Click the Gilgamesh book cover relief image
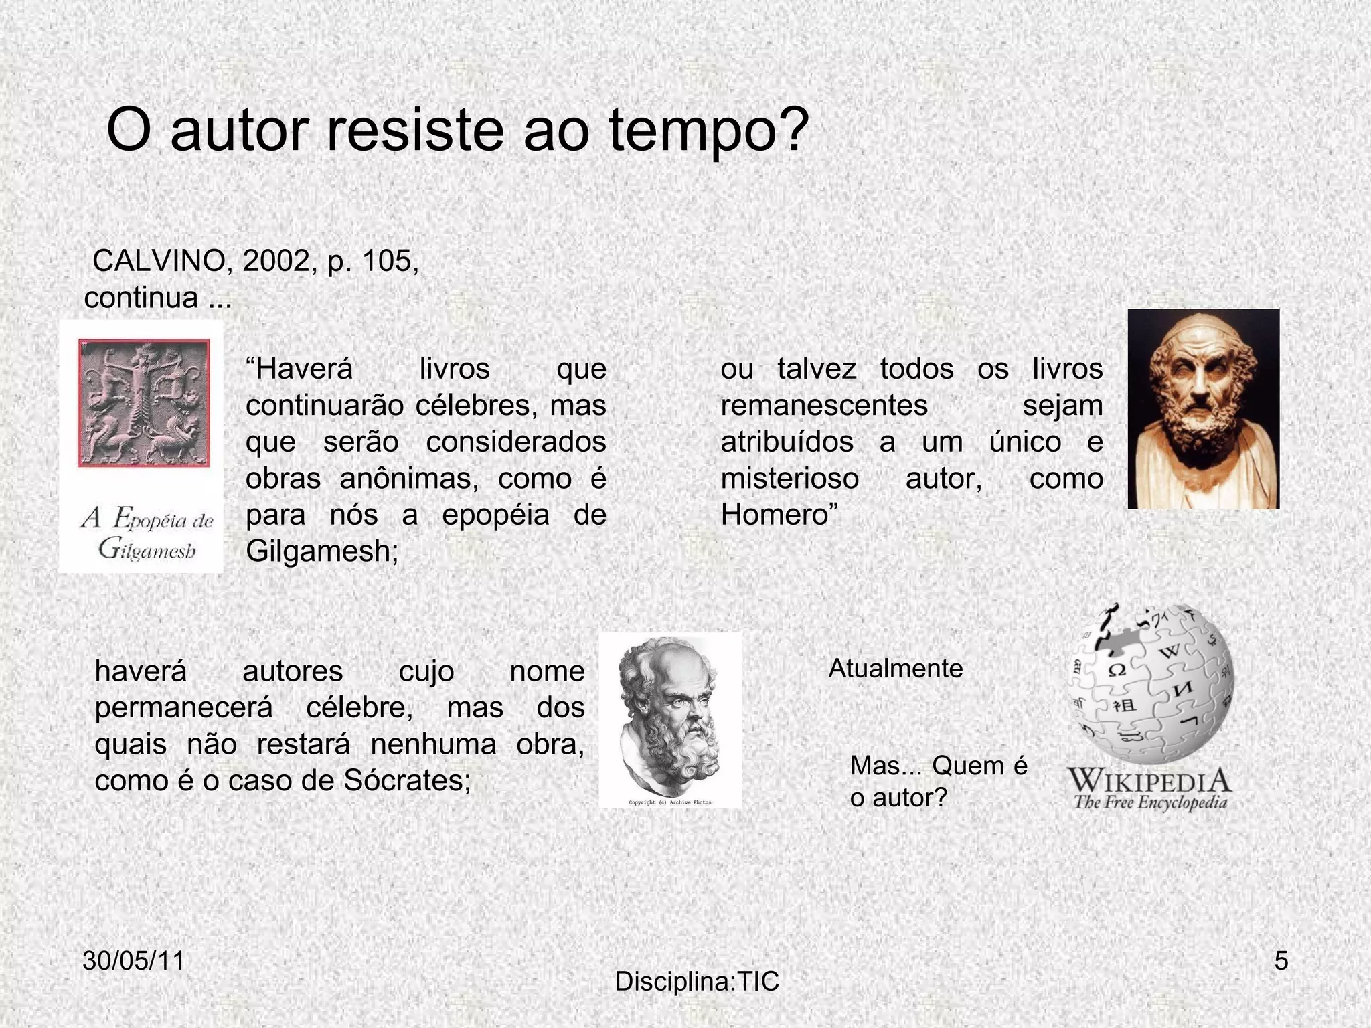144,404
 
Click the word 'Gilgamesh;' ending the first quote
322,551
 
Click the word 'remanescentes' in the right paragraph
824,406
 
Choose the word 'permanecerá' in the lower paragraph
184,707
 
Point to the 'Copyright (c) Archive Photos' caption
670,802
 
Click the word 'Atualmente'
895,669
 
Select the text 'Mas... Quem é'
938,766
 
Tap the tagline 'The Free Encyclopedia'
1150,802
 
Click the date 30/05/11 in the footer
133,961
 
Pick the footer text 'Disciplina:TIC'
697,982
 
